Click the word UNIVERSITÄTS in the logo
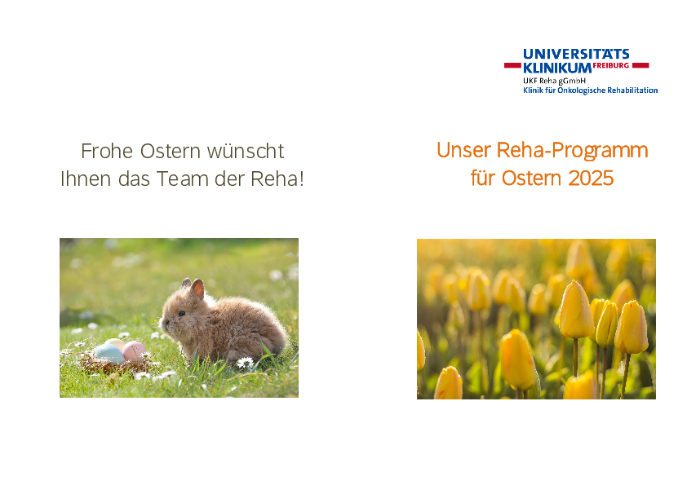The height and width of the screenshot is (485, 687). click(x=576, y=55)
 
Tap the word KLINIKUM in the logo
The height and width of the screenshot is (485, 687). click(x=557, y=68)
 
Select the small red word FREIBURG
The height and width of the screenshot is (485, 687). click(x=611, y=65)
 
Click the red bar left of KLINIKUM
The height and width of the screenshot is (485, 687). click(x=512, y=65)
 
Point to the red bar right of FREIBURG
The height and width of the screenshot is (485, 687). click(x=640, y=65)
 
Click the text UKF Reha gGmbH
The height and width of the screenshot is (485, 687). click(x=554, y=81)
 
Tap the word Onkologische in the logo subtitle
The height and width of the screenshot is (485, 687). click(x=581, y=90)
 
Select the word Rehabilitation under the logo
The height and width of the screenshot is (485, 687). click(x=632, y=90)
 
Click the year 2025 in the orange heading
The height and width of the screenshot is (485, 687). click(x=591, y=179)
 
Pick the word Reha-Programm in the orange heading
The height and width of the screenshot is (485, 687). click(x=572, y=151)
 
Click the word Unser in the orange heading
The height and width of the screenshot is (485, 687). click(x=463, y=150)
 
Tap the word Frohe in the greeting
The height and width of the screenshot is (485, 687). click(x=107, y=151)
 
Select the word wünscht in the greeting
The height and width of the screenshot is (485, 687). click(x=246, y=151)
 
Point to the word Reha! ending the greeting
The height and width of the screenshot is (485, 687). click(x=277, y=179)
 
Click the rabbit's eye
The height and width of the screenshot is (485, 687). click(x=181, y=313)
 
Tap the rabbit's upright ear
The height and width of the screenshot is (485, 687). click(x=197, y=289)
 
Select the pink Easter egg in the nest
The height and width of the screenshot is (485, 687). click(x=134, y=351)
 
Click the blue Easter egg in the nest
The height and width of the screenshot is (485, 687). click(x=109, y=353)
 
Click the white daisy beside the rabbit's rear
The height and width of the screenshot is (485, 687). click(x=246, y=363)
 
